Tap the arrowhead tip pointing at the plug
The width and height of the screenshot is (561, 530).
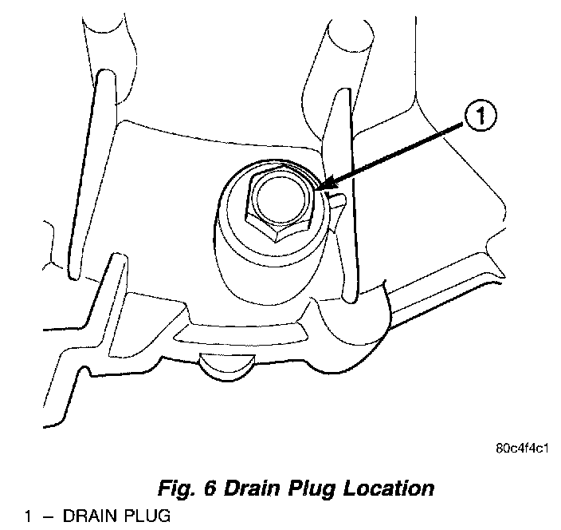point(320,190)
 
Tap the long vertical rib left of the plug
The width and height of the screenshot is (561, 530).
point(84,176)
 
